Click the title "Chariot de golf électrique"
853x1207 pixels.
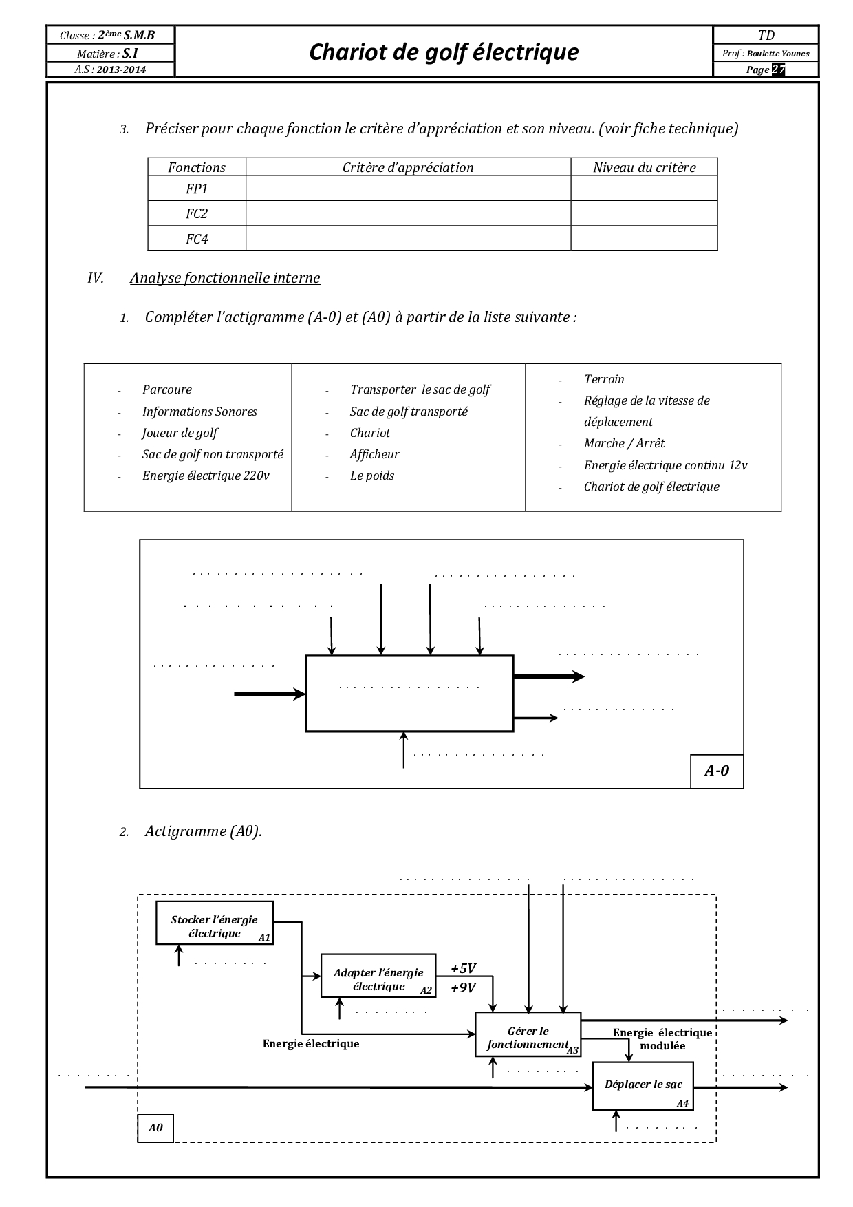[x=444, y=52]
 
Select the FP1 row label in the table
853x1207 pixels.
[x=197, y=189]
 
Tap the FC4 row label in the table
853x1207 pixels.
[x=197, y=239]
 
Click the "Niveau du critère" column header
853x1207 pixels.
[x=644, y=167]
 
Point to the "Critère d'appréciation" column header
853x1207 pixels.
[x=408, y=167]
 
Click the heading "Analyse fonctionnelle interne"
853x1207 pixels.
[x=225, y=278]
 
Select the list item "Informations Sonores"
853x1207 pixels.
[x=199, y=412]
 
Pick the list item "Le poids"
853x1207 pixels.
[x=371, y=476]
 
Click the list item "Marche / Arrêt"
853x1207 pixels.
[x=624, y=443]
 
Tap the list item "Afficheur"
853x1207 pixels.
[x=374, y=454]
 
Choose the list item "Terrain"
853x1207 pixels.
[x=604, y=379]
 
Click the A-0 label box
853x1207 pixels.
[x=716, y=771]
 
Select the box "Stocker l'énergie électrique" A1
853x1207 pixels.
[x=215, y=923]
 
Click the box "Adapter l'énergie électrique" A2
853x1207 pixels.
[x=378, y=975]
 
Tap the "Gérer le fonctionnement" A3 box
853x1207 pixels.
[x=528, y=1034]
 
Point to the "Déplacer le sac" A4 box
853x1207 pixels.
[x=643, y=1085]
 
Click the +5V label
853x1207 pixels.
[x=463, y=968]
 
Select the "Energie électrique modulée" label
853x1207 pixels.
[x=662, y=1038]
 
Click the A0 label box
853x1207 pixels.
[x=155, y=1128]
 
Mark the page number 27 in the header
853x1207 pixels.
[x=778, y=70]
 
